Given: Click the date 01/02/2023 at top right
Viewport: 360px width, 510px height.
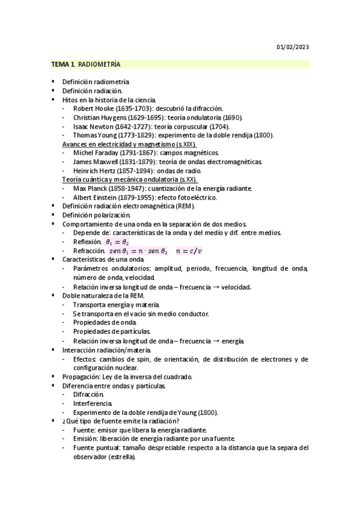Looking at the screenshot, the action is pos(293,48).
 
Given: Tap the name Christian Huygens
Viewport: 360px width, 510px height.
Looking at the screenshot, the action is pos(97,117).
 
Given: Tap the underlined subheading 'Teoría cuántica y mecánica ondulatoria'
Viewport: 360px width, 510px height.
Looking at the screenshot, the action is pos(130,180).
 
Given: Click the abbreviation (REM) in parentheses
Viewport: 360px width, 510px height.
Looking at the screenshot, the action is pos(183,206).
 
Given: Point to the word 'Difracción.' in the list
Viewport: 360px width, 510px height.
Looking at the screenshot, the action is pos(89,395).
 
